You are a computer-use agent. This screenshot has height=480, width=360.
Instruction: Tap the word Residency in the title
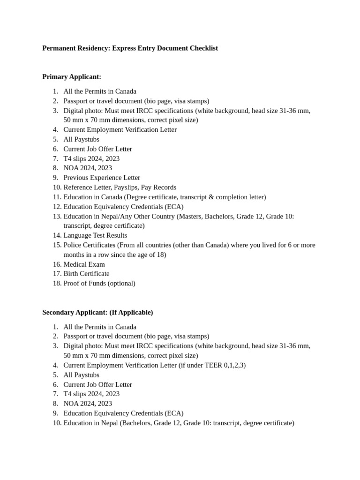[93, 48]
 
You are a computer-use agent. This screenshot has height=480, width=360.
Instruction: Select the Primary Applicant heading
[72, 77]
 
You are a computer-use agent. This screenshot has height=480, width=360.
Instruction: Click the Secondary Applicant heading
[75, 312]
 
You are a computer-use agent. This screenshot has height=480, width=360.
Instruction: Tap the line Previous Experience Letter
[102, 178]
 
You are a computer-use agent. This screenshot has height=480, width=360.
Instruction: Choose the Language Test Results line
[95, 235]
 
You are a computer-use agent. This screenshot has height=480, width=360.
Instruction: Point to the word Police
[73, 245]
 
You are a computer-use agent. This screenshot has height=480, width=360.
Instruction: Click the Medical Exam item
[84, 264]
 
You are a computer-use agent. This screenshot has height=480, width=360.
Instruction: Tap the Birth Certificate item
[86, 274]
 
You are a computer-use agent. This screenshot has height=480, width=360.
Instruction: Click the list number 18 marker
[56, 284]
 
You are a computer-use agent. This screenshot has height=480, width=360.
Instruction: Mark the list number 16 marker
[56, 264]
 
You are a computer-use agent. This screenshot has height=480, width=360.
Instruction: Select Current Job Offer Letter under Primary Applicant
[98, 149]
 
